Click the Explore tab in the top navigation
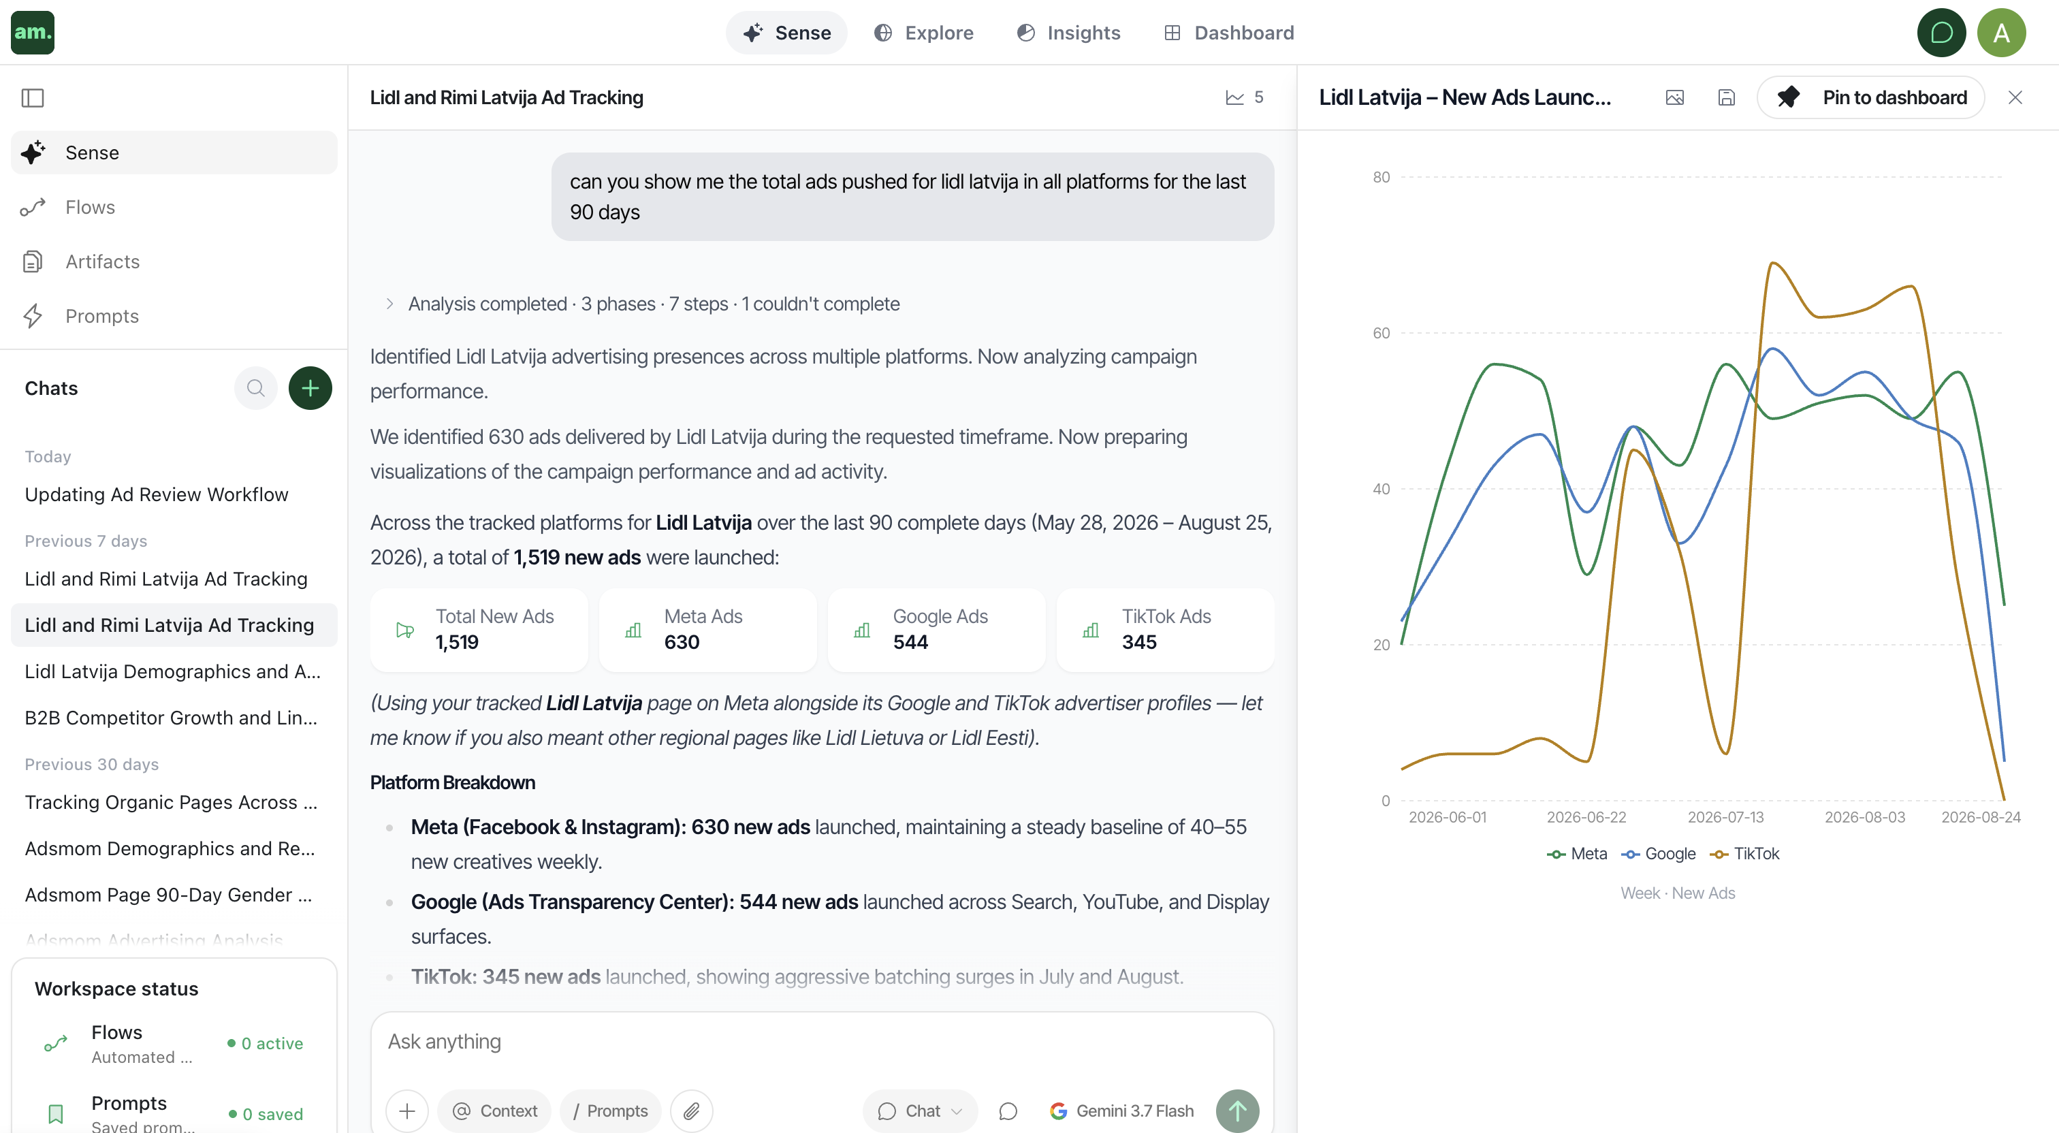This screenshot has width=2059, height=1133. point(924,33)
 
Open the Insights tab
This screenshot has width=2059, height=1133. point(1069,33)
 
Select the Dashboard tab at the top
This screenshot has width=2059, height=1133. point(1229,33)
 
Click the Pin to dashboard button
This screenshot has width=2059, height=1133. point(1870,97)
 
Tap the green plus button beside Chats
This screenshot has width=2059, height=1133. point(310,389)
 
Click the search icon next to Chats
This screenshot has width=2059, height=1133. point(256,389)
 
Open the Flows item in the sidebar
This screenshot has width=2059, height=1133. point(89,207)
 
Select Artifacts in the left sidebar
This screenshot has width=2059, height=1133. point(102,261)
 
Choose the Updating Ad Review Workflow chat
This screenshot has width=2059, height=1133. point(157,494)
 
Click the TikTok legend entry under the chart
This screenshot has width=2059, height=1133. point(1745,854)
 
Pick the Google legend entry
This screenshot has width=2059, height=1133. point(1659,854)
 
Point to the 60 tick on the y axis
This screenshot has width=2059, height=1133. point(1382,333)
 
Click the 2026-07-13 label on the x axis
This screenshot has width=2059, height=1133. point(1725,817)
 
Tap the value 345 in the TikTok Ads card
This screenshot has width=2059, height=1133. point(1139,642)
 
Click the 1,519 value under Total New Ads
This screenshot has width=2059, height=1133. point(456,642)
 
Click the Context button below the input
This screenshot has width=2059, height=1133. point(495,1111)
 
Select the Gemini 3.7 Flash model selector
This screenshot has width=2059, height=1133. point(1122,1111)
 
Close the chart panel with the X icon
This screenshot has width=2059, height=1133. point(2015,97)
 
